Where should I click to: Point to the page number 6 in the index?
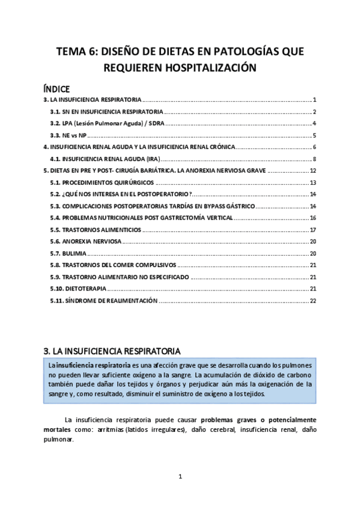314,147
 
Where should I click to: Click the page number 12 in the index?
313,171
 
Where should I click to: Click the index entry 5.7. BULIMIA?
70,253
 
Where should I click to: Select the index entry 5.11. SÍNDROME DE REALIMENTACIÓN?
104,301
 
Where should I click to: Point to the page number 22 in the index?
313,301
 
